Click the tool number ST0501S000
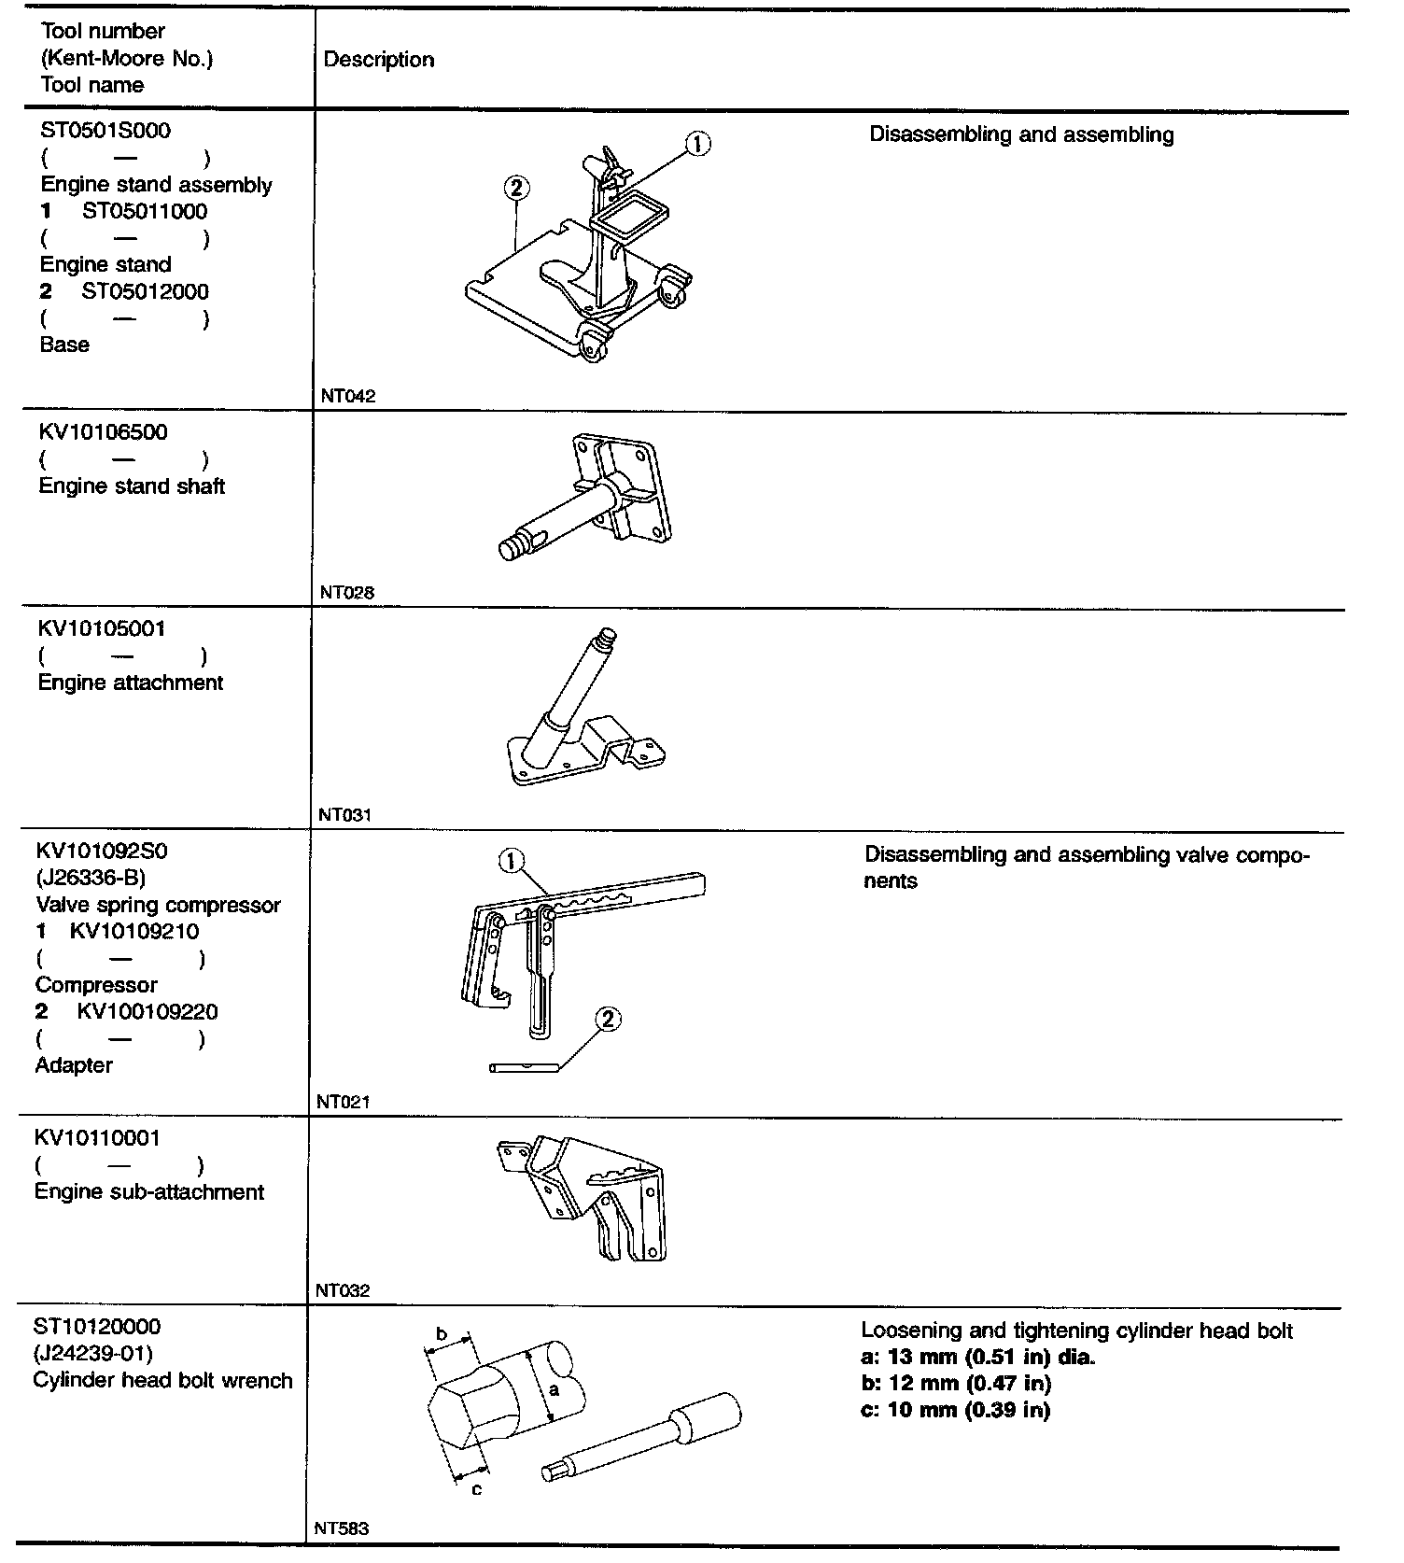point(105,131)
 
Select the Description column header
point(378,60)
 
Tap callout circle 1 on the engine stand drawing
point(698,143)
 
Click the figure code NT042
point(347,396)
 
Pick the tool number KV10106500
point(103,432)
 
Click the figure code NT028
point(347,592)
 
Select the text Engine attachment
point(131,683)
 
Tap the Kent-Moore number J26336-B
point(91,878)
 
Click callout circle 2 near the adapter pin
point(607,1018)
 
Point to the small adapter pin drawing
point(524,1067)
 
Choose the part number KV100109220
point(147,1011)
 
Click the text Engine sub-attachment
point(149,1192)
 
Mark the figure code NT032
point(343,1291)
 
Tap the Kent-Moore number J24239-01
point(93,1353)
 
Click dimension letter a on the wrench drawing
point(553,1389)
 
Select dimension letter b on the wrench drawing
point(442,1332)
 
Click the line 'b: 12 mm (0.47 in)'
point(955,1383)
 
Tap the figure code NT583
point(342,1528)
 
